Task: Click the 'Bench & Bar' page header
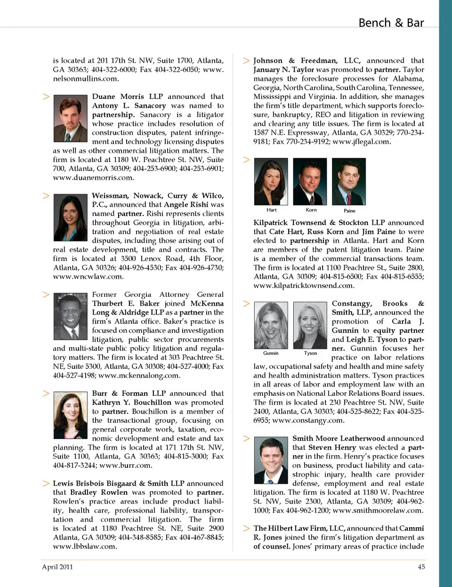click(x=391, y=23)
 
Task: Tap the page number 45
click(x=421, y=567)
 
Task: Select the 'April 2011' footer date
click(x=57, y=567)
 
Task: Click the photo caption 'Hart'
click(x=272, y=210)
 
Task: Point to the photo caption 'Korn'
click(x=311, y=210)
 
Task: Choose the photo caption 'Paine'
click(x=349, y=211)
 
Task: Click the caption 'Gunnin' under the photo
click(x=271, y=353)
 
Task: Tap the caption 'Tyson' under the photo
click(x=310, y=353)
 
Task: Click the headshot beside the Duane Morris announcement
click(x=70, y=119)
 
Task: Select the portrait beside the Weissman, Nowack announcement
click(x=70, y=218)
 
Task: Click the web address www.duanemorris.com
click(x=93, y=178)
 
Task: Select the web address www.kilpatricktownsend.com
click(x=304, y=285)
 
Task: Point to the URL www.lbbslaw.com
click(x=85, y=546)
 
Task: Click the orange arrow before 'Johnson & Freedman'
click(x=246, y=61)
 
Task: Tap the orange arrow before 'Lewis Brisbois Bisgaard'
click(x=46, y=483)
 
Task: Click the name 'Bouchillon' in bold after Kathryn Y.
click(x=152, y=402)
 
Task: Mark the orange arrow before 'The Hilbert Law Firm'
click(x=246, y=528)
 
